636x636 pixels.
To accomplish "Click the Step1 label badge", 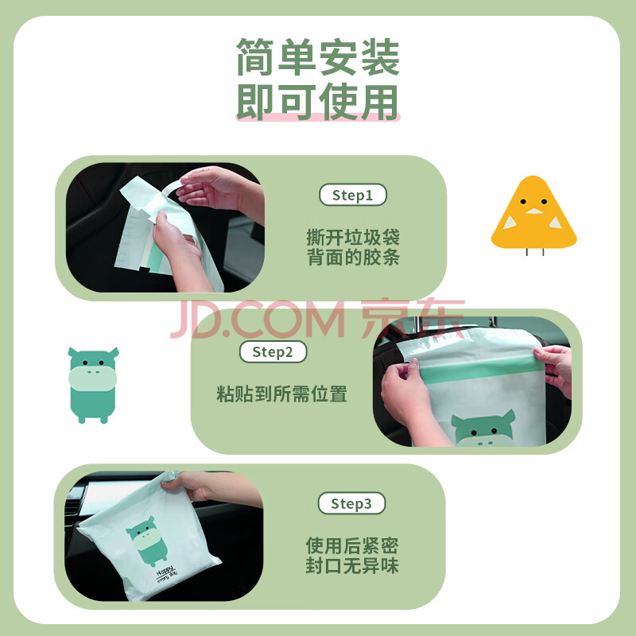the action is click(352, 195).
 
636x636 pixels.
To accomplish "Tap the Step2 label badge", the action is click(273, 351).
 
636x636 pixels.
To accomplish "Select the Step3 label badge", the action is click(351, 503).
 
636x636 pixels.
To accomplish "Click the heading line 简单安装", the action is click(318, 56).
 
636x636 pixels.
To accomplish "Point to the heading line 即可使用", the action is click(318, 102).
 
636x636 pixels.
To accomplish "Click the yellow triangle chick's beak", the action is click(533, 211).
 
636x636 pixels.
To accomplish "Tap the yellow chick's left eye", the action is click(523, 201).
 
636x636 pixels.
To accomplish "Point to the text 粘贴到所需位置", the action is click(281, 394).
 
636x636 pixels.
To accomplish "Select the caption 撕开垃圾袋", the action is click(353, 237).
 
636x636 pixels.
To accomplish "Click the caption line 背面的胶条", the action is click(353, 257).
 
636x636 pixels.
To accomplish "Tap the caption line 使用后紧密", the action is click(352, 545).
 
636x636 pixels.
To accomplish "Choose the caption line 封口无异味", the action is click(352, 565).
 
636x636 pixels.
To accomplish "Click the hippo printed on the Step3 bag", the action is click(147, 541).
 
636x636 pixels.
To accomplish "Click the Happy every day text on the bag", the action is click(166, 573).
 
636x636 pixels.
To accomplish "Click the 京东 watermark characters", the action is click(413, 319).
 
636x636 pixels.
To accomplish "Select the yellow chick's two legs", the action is click(534, 252).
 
